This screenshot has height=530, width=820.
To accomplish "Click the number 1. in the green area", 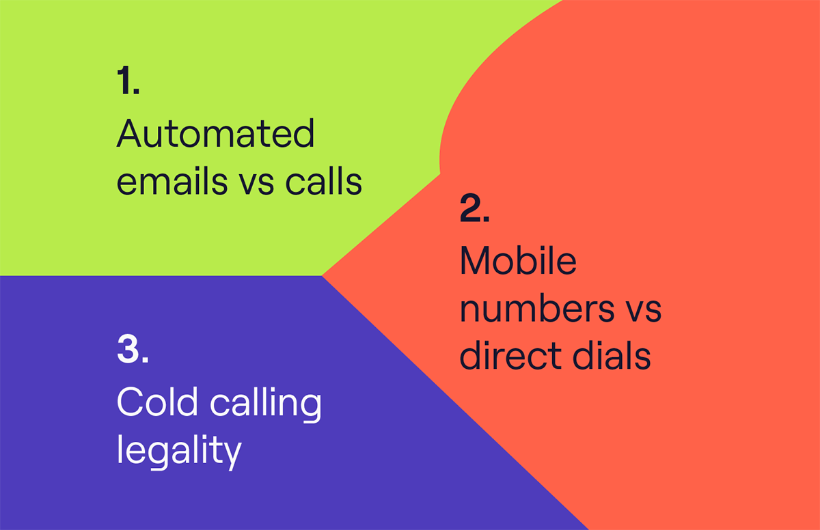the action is (128, 80).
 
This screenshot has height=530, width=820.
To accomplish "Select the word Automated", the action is (215, 133).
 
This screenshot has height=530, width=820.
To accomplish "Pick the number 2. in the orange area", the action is (475, 208).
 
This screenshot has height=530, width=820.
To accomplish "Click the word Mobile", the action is (518, 260).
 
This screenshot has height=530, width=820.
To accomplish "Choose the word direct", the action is (510, 354).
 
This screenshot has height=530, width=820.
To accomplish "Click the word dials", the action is (612, 354).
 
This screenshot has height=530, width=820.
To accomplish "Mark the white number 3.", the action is (133, 348).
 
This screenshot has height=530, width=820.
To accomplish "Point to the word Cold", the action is (157, 401).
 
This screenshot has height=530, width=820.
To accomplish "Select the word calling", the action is (265, 404).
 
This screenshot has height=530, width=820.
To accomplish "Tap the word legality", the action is (179, 451).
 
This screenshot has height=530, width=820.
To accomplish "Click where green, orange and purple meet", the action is (322, 276).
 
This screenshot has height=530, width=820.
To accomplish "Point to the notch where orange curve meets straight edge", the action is (440, 173).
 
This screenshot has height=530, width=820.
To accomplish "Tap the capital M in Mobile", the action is (474, 260).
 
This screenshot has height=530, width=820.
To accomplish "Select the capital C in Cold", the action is (129, 401).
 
